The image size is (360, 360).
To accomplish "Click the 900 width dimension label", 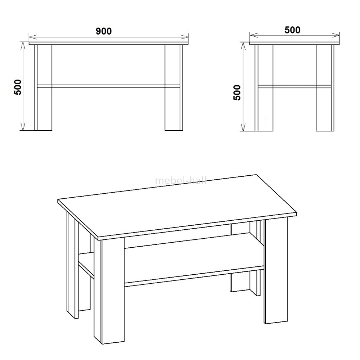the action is coord(104,31).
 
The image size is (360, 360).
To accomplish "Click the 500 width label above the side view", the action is coord(292,30).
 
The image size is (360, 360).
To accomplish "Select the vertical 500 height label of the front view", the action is coord(18,87).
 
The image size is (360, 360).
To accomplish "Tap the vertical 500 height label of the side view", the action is coord(237,93).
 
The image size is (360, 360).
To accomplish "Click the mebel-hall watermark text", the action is coord(181,181).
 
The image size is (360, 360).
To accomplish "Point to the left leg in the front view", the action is coord(43,87).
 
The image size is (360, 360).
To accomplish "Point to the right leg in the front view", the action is coord(174,87).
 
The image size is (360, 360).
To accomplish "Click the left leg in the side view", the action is coord(264,88).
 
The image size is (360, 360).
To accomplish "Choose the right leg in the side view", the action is coord(325,88).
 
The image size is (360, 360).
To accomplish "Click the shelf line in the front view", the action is coord(108,86).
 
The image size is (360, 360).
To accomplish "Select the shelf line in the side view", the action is coord(294,86).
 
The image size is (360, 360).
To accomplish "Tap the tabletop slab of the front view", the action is coord(109,43).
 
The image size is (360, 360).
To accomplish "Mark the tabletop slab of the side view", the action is coord(294,43).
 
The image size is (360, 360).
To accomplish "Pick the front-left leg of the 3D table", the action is coord(109,291).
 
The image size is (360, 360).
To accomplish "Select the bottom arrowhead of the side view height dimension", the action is coord(243,127).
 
